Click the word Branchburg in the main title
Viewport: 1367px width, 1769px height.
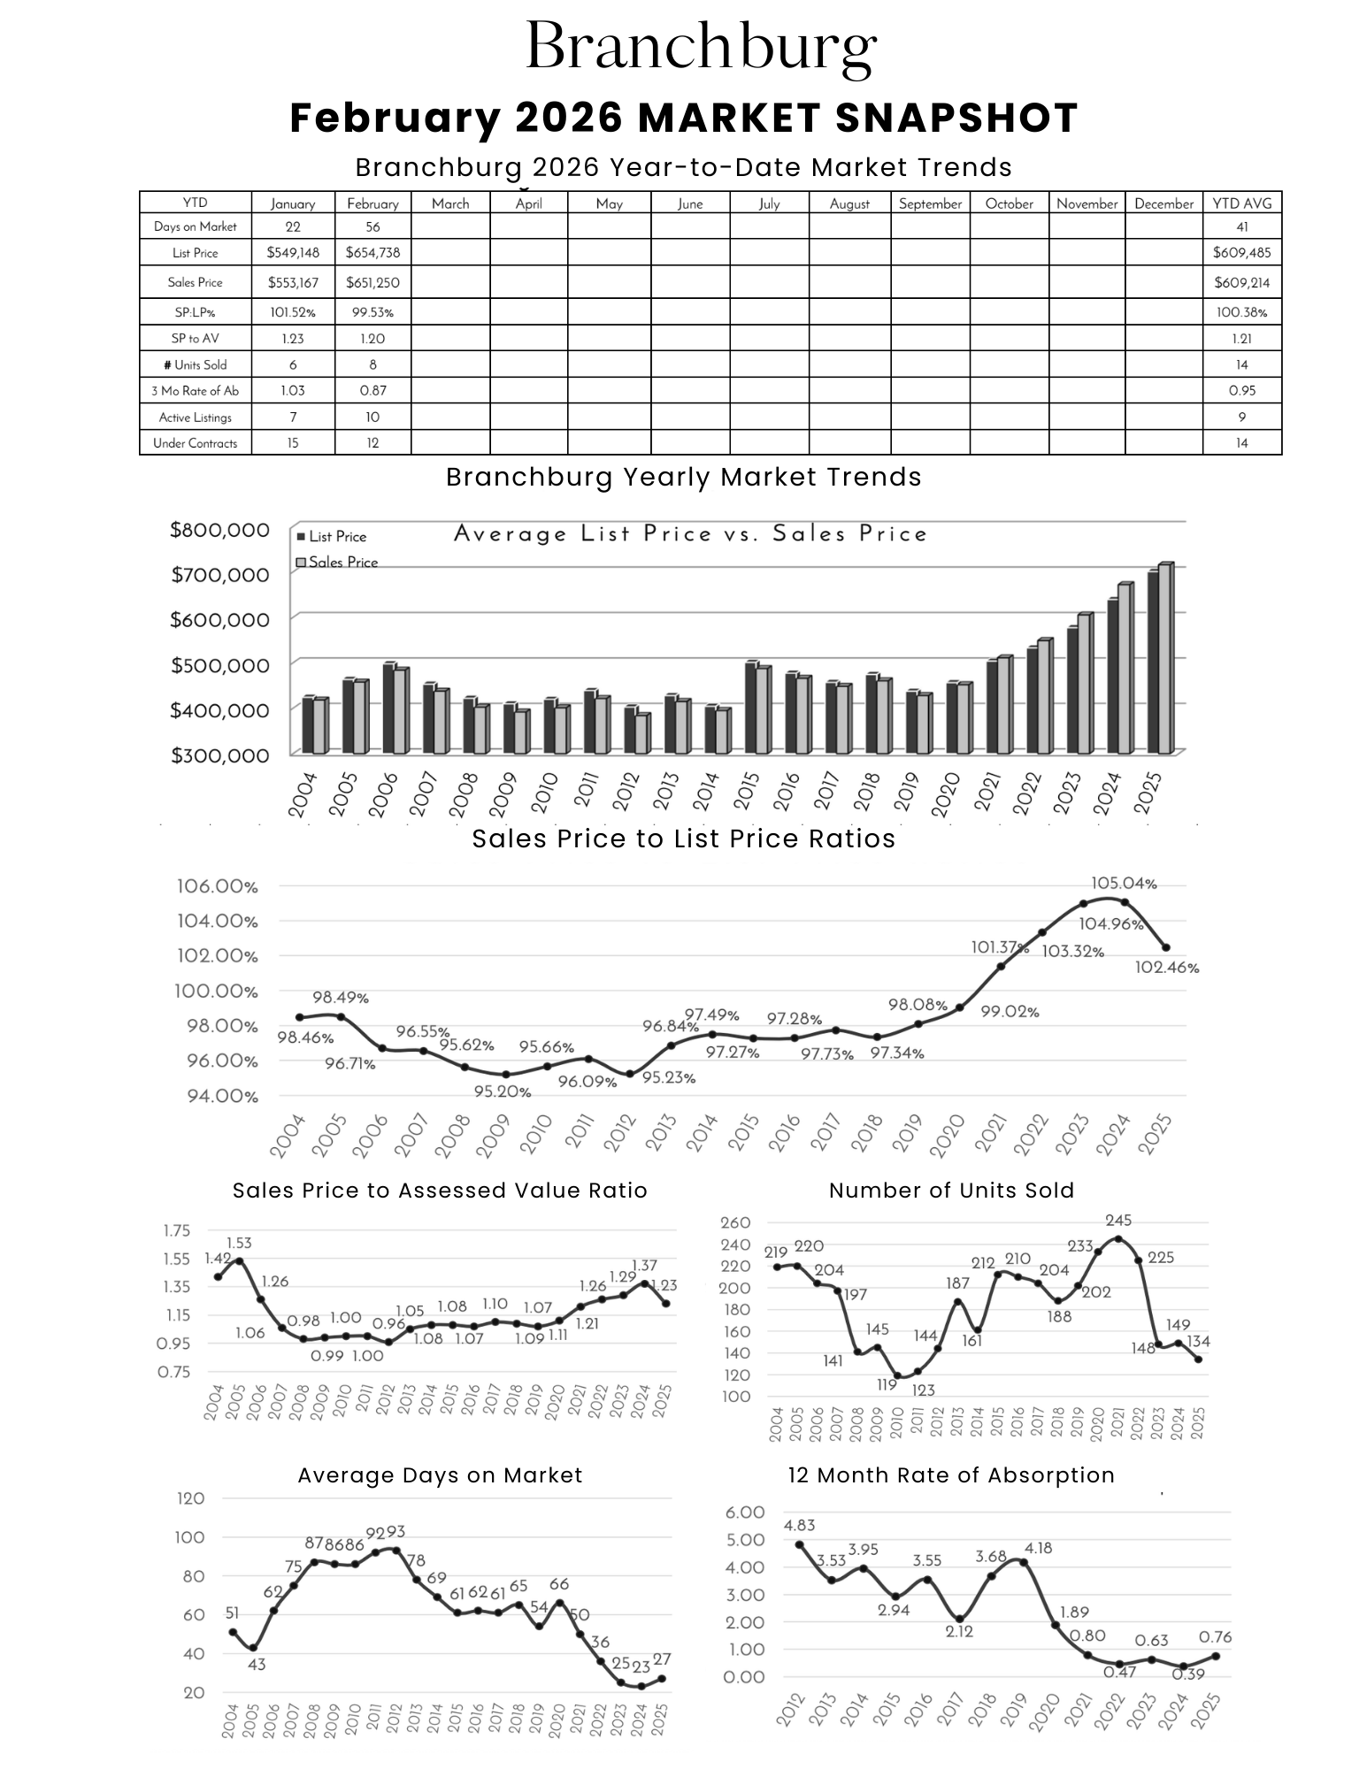click(x=701, y=47)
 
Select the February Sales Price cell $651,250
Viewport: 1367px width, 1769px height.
click(x=372, y=283)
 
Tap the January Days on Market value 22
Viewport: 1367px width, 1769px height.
click(x=293, y=227)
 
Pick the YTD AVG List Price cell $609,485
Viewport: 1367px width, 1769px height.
click(x=1241, y=253)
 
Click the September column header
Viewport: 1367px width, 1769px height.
click(x=930, y=204)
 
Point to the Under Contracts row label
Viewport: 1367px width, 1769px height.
click(x=195, y=443)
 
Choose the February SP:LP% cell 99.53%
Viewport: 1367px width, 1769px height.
click(x=372, y=312)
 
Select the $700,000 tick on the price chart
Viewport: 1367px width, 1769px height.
click(x=219, y=576)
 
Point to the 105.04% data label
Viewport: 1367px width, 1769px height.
click(x=1124, y=884)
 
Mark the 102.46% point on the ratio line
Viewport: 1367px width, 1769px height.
click(x=1165, y=947)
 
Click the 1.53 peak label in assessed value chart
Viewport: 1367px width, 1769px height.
click(x=239, y=1244)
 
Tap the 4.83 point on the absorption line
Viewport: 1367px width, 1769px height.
click(x=800, y=1544)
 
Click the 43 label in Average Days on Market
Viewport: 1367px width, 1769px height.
click(x=256, y=1664)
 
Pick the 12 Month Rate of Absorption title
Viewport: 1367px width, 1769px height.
click(x=951, y=1475)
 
